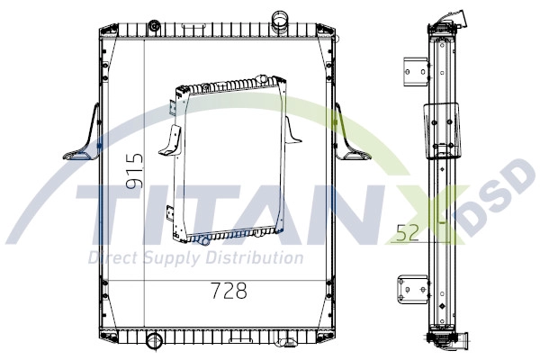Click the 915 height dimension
(x=134, y=171)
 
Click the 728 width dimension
(x=229, y=291)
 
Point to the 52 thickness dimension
(x=408, y=233)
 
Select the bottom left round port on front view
(x=153, y=340)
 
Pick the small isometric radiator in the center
(x=229, y=159)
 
